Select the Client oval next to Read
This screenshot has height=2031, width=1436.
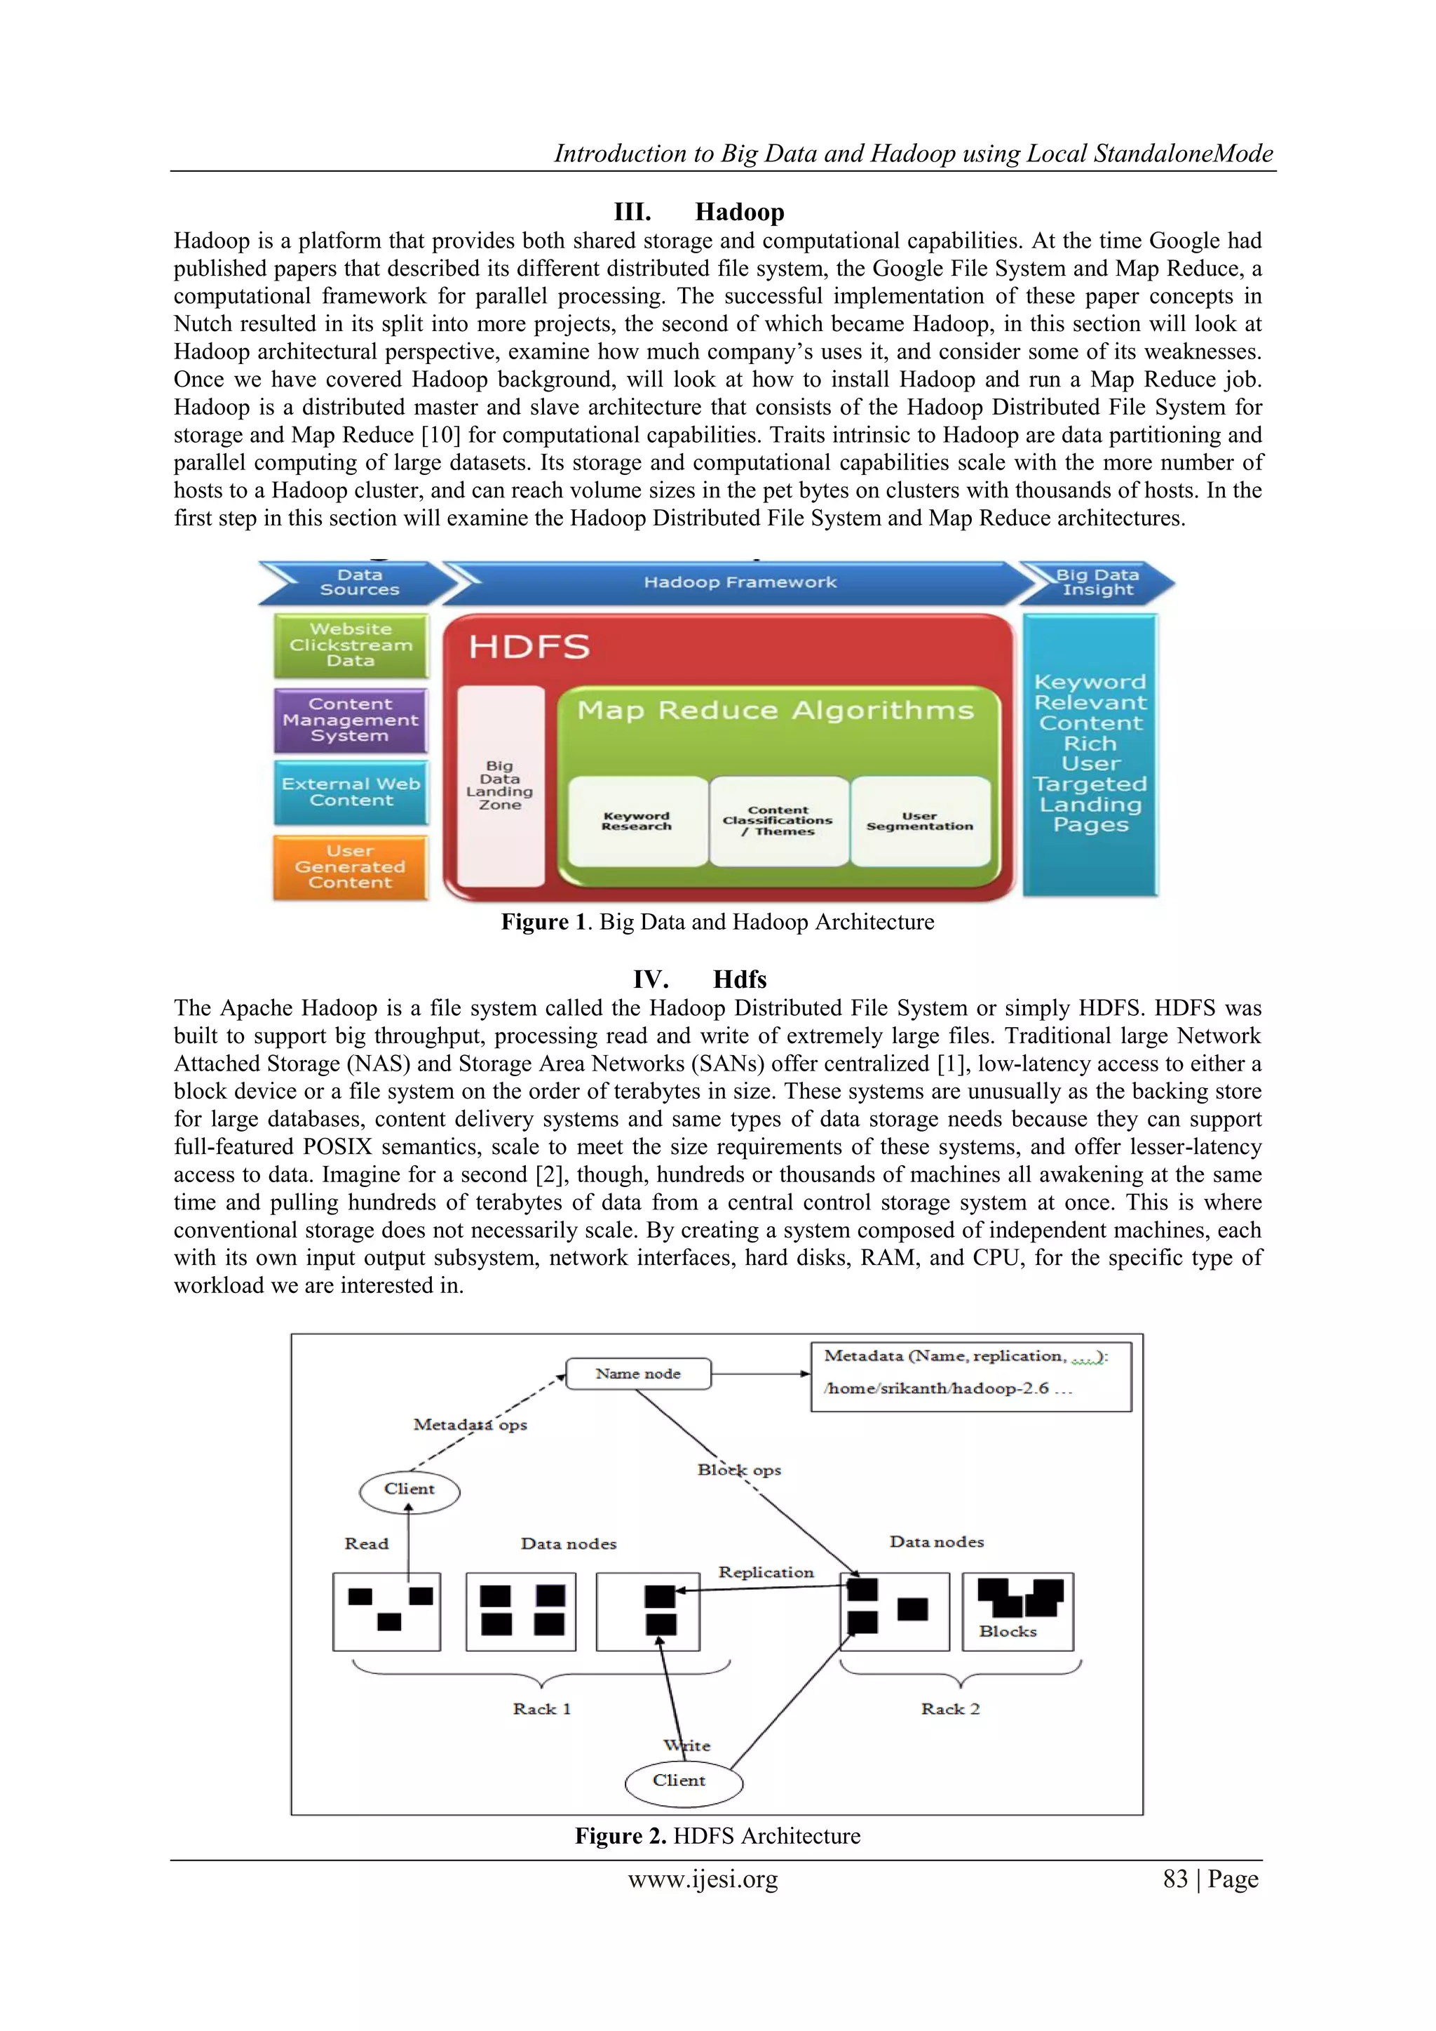click(x=409, y=1489)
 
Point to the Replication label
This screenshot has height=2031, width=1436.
click(x=766, y=1572)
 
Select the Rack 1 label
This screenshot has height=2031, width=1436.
click(x=541, y=1708)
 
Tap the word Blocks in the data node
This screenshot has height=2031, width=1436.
click(x=1007, y=1631)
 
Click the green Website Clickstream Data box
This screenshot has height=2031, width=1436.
click(x=351, y=645)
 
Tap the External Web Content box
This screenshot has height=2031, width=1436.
click(x=351, y=791)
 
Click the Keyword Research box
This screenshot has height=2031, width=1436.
click(x=637, y=822)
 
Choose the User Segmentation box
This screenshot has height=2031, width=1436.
click(x=920, y=822)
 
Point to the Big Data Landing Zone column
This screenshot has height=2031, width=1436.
click(x=501, y=786)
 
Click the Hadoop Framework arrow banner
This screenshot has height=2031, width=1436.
click(x=739, y=582)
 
